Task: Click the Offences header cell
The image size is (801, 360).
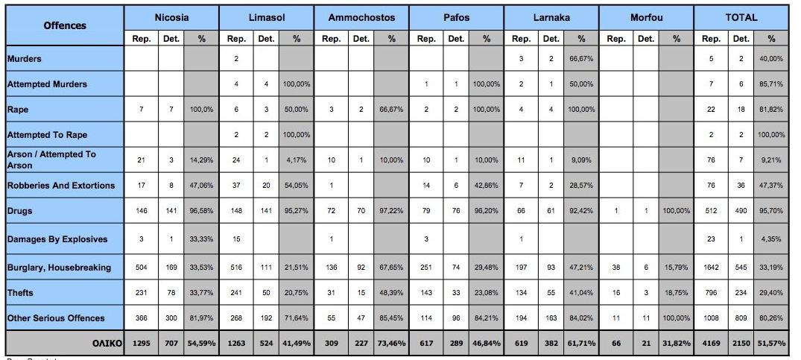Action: click(64, 25)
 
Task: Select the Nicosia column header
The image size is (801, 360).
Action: click(171, 17)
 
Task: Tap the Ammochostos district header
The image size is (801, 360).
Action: click(361, 17)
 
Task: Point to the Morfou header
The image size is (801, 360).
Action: click(646, 17)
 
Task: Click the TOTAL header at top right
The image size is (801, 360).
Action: click(741, 17)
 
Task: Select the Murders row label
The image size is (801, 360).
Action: click(25, 58)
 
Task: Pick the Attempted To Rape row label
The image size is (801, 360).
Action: click(47, 135)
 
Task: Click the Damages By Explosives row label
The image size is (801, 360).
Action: click(57, 239)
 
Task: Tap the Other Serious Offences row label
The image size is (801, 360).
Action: click(56, 318)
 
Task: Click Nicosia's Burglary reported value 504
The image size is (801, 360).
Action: click(141, 267)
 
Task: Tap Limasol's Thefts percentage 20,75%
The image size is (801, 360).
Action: click(296, 293)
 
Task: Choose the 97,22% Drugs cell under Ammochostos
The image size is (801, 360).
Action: click(390, 212)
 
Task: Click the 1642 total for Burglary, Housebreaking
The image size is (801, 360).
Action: click(711, 267)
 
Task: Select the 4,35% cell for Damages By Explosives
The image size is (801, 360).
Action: click(771, 239)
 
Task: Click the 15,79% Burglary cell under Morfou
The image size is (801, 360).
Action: click(676, 267)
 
